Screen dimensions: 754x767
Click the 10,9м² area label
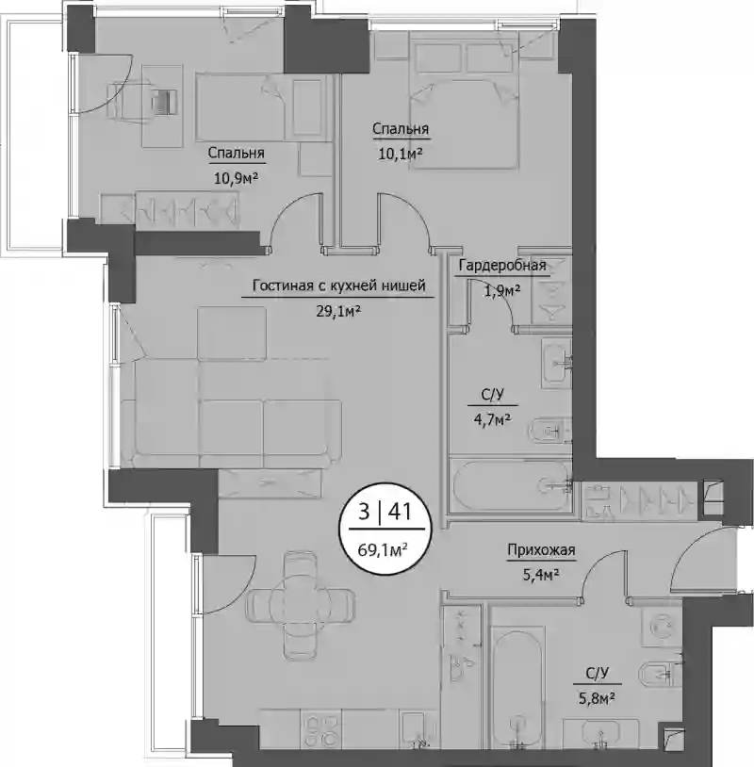236,178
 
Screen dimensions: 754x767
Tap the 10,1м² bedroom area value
401,155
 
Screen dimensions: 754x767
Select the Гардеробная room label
502,266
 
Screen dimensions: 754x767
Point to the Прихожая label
541,550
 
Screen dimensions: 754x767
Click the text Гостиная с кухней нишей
339,286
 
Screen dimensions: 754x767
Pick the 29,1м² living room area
338,311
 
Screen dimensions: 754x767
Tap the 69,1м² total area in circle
383,550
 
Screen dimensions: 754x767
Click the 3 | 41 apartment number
385,513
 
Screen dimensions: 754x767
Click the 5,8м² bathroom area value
597,699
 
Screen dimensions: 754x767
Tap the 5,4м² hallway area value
541,575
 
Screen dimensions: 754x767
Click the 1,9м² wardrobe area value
502,291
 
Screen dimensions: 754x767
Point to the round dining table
301,598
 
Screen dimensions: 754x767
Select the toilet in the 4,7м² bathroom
550,431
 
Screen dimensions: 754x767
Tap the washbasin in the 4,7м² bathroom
557,363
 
